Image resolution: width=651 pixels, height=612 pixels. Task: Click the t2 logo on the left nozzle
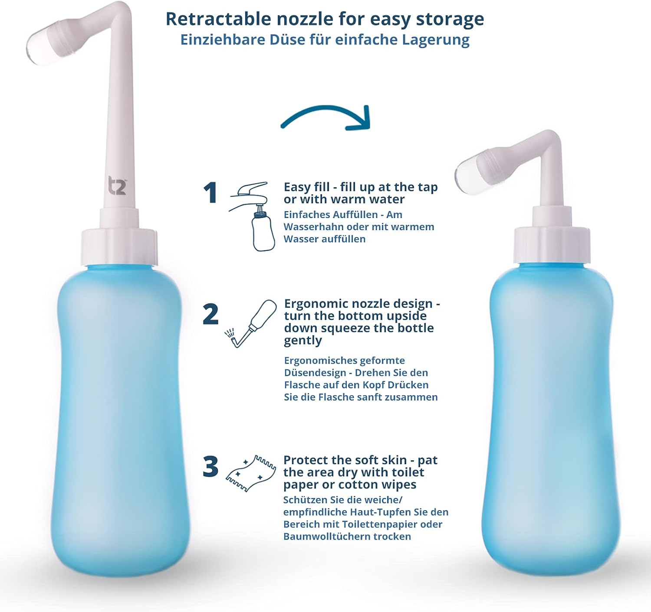point(117,185)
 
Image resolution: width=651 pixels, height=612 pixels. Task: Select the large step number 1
point(210,193)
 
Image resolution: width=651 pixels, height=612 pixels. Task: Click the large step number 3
point(210,467)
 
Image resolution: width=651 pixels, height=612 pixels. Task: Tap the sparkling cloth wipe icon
point(251,473)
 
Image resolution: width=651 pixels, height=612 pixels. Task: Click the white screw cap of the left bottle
point(119,247)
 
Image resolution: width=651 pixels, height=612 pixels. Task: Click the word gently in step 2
point(303,340)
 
